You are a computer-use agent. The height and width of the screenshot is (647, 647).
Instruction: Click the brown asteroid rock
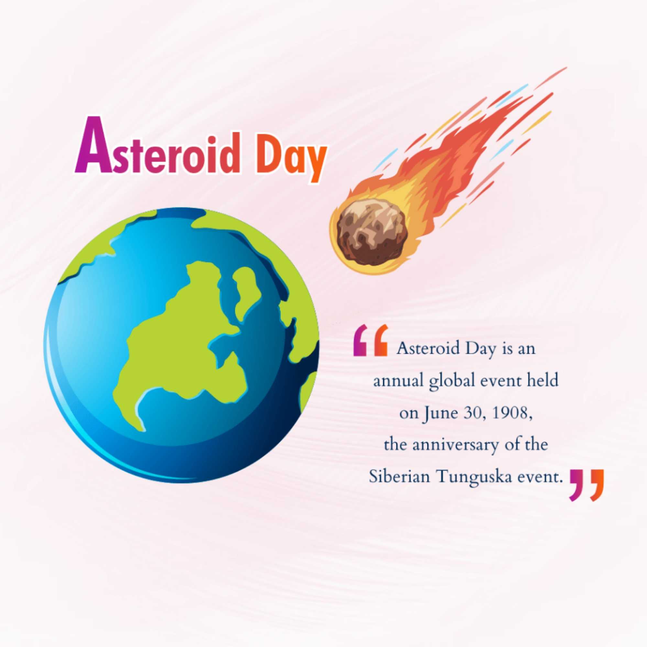coord(372,231)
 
